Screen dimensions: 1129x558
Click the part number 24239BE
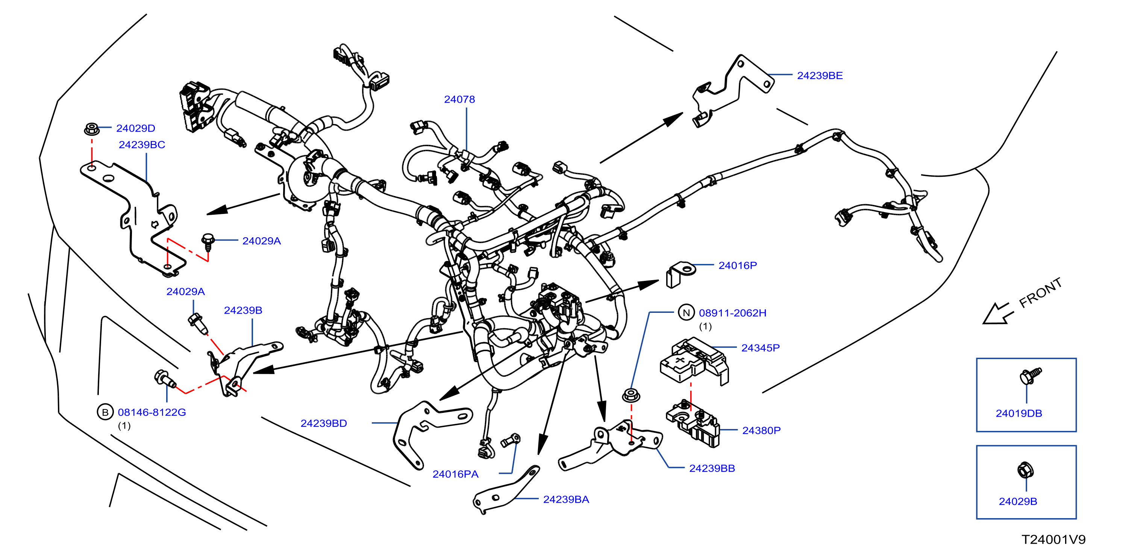coord(820,76)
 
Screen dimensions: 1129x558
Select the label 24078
coord(459,100)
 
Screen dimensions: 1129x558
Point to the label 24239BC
coord(142,145)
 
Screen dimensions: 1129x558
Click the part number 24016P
coord(738,265)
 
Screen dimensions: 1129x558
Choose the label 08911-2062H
coord(732,313)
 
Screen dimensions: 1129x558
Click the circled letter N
coord(686,312)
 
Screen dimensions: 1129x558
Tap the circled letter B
coord(105,412)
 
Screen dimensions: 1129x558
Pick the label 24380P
coord(761,431)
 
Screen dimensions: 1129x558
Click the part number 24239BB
coord(712,468)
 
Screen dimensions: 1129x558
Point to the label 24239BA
coord(566,499)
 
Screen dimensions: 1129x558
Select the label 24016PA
coord(455,474)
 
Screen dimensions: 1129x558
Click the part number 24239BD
coord(323,423)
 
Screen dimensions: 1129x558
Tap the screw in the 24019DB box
coord(1030,376)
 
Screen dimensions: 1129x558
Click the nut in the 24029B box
coord(1025,470)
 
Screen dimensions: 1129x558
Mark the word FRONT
coord(1040,293)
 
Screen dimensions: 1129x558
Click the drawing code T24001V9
coord(1053,539)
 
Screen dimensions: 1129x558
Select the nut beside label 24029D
coord(91,129)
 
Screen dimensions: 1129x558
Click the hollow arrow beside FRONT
coord(998,314)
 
